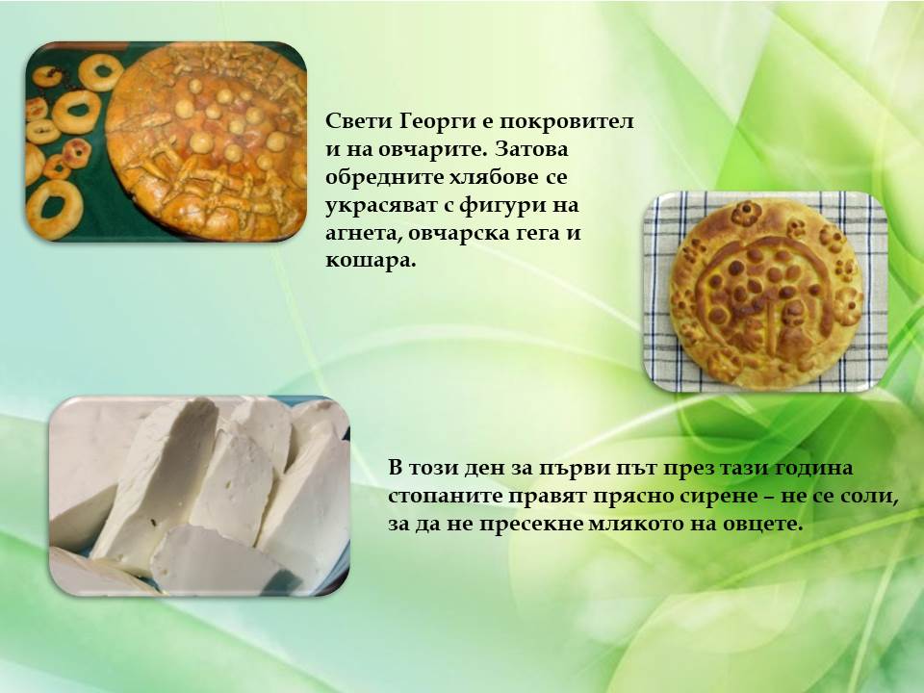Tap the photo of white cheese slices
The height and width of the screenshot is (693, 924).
(199, 496)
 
